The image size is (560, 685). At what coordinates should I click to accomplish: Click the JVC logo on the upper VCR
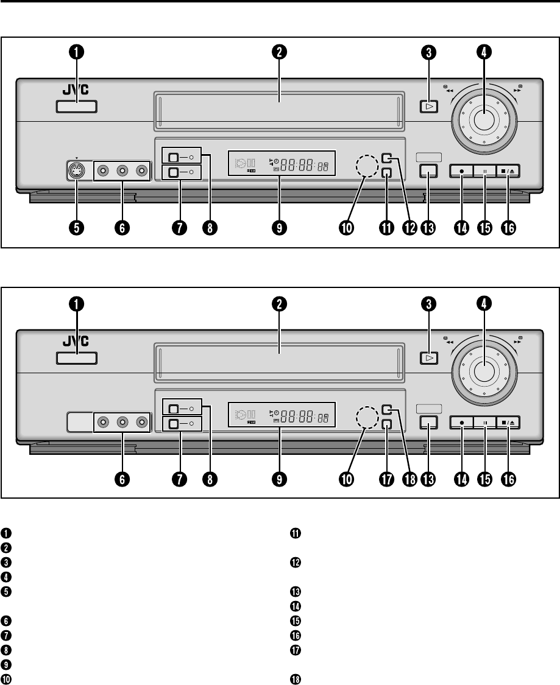[x=76, y=90]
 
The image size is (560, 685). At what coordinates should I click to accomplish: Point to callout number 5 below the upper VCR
[x=77, y=227]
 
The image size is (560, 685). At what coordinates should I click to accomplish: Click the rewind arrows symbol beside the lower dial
[x=450, y=342]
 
